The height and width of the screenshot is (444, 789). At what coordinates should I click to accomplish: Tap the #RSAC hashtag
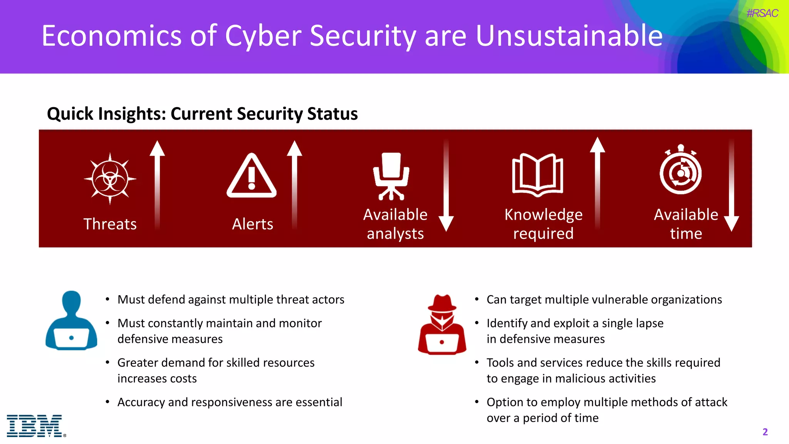(x=762, y=13)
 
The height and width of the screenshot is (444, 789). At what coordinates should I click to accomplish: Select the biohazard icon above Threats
(x=110, y=178)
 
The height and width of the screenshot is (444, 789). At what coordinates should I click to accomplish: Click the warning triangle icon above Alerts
(x=252, y=176)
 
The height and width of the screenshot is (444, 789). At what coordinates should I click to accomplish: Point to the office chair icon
(x=391, y=176)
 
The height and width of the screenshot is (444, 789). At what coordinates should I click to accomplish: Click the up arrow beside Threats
(x=157, y=185)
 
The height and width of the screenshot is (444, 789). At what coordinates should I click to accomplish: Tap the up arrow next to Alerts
(x=295, y=185)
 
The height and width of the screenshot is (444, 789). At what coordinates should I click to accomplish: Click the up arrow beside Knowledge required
(x=598, y=183)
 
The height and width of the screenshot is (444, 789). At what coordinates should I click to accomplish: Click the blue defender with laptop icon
(x=71, y=321)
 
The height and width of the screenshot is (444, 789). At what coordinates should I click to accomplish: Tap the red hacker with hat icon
(x=442, y=325)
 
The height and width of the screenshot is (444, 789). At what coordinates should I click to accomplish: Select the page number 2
(x=765, y=432)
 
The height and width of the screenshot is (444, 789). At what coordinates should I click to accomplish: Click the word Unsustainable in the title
(x=569, y=36)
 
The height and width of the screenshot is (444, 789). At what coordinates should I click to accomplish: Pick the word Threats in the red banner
(x=110, y=224)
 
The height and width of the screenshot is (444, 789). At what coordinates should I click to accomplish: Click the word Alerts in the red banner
(x=252, y=224)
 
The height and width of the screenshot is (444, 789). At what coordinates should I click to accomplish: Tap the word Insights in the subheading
(x=132, y=114)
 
